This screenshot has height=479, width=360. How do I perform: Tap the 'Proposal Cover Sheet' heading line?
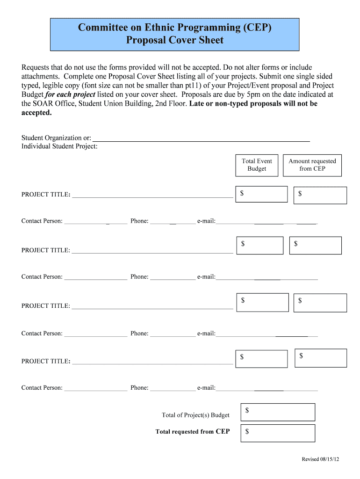tap(174, 40)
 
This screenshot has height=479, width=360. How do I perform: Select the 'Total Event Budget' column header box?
tap(257, 165)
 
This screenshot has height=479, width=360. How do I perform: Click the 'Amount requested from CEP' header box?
tap(312, 165)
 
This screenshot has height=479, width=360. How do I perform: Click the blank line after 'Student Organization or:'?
tap(201, 138)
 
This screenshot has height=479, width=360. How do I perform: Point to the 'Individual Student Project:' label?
tap(59, 146)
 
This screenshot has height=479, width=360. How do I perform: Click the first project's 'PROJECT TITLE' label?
tap(46, 195)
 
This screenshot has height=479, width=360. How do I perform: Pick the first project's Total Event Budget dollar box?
tap(261, 194)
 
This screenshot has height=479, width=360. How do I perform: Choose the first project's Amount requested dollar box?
tap(320, 195)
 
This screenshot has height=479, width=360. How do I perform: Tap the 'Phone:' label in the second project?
tap(139, 277)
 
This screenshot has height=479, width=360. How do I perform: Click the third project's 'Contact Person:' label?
tap(42, 334)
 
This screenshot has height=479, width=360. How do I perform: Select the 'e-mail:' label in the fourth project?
tap(206, 388)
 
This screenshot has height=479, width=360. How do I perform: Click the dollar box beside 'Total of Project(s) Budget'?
tap(278, 412)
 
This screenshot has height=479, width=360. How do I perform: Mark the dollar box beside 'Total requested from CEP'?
tap(278, 432)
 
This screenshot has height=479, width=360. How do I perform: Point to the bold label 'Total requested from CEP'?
tap(192, 432)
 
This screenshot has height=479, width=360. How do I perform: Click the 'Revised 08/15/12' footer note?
tap(320, 459)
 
